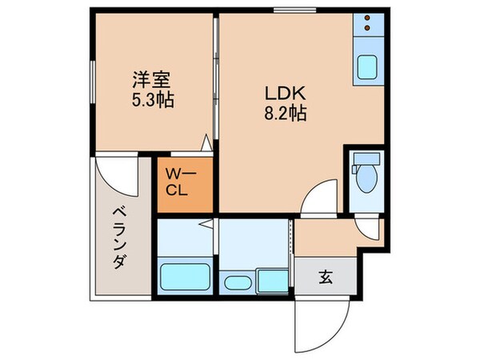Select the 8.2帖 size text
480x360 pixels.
point(284,112)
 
